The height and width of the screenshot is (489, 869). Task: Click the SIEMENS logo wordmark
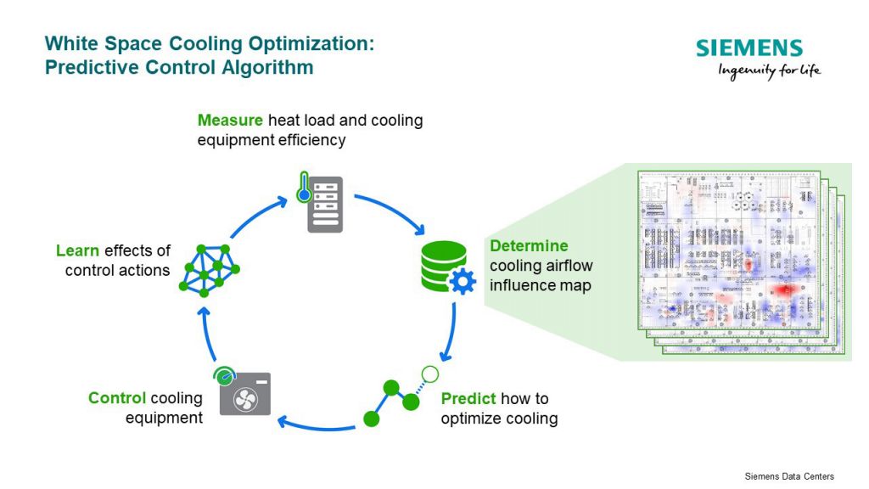point(749,48)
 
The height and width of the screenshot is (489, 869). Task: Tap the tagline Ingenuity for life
point(769,71)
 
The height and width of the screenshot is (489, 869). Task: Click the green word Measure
point(229,120)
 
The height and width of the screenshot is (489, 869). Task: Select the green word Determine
point(529,245)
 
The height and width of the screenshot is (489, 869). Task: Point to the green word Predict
point(469,398)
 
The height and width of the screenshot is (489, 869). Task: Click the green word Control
point(117,398)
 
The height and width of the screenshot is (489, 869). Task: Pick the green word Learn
point(78,250)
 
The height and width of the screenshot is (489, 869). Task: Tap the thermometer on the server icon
point(303,188)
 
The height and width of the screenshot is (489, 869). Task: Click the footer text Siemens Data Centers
point(788,476)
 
